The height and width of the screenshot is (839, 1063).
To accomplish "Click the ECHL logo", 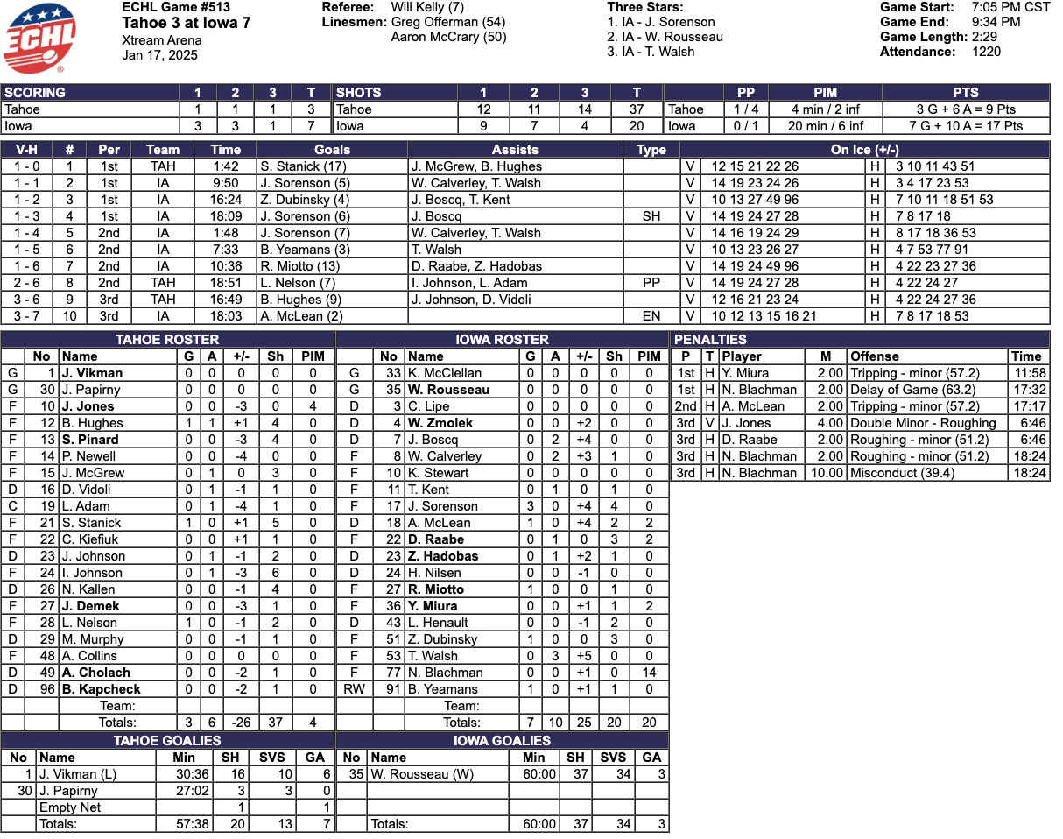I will [40, 37].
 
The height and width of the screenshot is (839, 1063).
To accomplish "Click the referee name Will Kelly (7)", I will [428, 7].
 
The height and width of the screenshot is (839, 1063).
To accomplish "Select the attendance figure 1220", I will [986, 52].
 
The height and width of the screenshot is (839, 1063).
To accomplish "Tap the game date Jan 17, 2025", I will [159, 55].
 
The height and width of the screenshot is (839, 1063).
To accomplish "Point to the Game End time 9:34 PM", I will [996, 22].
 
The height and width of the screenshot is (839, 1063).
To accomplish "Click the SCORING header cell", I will [35, 92].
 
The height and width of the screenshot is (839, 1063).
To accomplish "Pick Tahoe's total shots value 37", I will [637, 109].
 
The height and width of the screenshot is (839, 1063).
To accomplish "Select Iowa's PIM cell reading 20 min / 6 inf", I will [825, 126].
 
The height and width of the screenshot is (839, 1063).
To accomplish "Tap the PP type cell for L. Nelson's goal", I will [651, 283].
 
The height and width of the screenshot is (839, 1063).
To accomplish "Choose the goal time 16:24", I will [225, 200].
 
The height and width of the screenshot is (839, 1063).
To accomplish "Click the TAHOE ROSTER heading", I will [167, 339].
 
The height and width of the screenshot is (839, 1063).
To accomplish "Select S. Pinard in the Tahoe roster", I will [90, 440].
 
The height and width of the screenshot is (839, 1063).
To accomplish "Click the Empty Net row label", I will [70, 807].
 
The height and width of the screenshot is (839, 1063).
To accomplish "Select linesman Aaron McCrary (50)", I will [448, 37].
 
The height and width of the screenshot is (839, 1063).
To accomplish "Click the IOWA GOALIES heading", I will [502, 740].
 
